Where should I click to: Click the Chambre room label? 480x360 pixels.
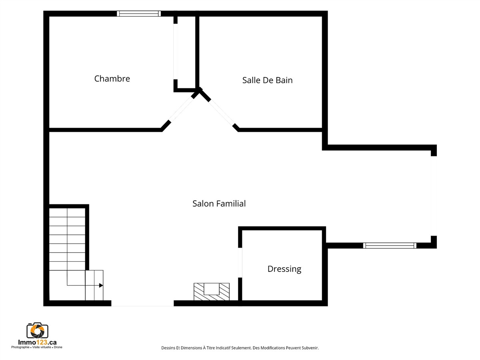click(112, 79)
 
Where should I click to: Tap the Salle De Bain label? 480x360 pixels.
click(267, 80)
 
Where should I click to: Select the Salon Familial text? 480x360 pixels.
click(219, 204)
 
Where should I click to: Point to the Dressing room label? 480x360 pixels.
click(284, 269)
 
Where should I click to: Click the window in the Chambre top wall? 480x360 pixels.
click(139, 14)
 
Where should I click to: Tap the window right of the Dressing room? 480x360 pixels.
click(390, 246)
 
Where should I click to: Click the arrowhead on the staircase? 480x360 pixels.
click(101, 285)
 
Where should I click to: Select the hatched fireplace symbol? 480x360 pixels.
click(212, 292)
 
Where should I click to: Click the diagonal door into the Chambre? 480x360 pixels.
click(182, 109)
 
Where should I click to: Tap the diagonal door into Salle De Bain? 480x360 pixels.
click(222, 113)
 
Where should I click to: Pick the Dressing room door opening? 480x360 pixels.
click(240, 262)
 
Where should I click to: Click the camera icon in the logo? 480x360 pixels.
click(37, 330)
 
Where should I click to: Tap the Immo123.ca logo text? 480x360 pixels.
click(37, 342)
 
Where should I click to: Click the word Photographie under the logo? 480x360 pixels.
click(20, 347)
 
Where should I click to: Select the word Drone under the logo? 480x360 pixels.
click(58, 347)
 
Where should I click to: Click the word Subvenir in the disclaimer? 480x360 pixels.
click(310, 348)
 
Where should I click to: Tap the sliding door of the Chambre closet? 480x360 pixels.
click(175, 52)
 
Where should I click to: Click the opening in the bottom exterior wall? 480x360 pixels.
click(142, 303)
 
